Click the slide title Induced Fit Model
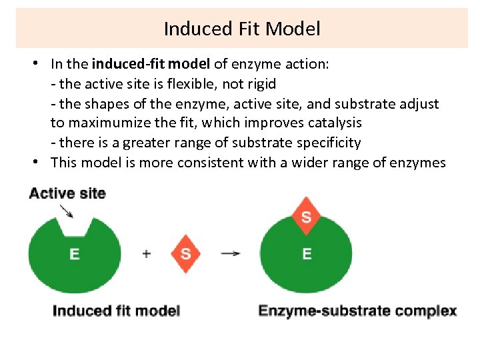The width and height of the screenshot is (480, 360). (241, 29)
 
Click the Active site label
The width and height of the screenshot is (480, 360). (67, 193)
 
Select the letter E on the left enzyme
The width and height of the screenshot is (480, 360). (74, 255)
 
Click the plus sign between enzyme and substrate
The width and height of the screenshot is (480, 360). (147, 253)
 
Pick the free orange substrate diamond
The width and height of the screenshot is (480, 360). (185, 253)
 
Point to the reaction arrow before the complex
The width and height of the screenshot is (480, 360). (231, 253)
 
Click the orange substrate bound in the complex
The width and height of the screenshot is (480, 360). (306, 217)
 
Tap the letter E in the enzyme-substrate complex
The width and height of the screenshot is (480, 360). (307, 254)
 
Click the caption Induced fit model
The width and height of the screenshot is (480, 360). (116, 311)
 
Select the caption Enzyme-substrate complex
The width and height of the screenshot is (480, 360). (357, 311)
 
